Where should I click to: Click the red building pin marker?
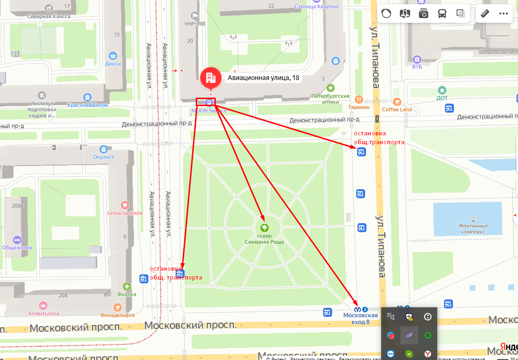click(x=210, y=78)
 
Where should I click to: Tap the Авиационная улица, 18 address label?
click(x=263, y=78)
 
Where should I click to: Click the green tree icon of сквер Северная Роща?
click(x=264, y=228)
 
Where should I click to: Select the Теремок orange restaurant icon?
click(x=359, y=100)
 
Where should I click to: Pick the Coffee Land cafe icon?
click(x=397, y=101)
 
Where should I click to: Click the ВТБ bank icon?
click(x=417, y=60)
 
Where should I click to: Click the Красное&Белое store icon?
click(x=87, y=97)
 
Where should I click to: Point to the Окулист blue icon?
click(x=104, y=149)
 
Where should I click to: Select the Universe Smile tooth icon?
click(x=125, y=205)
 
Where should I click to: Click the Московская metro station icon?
click(x=358, y=309)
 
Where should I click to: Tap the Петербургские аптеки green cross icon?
click(x=330, y=88)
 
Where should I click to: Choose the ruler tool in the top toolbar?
click(x=485, y=13)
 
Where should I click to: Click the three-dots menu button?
click(x=504, y=13)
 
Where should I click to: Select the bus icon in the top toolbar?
click(x=442, y=13)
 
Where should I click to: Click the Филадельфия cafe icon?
click(x=118, y=307)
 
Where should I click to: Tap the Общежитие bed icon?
click(x=17, y=239)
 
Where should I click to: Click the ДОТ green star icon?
click(x=442, y=90)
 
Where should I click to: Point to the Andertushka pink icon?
click(x=43, y=305)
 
